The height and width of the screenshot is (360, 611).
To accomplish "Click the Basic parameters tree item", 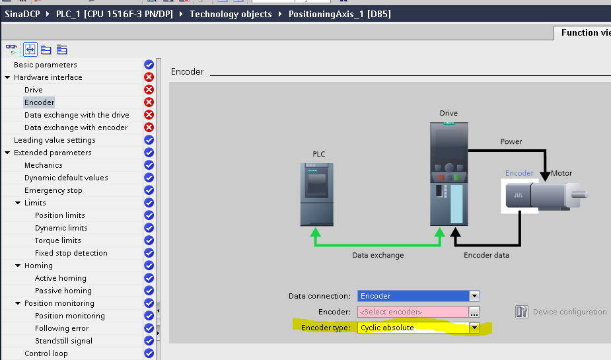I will [45, 65].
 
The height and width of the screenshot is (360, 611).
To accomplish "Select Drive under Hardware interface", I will [34, 90].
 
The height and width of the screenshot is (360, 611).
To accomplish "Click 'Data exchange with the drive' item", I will [77, 115].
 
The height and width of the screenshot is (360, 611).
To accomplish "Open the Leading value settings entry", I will [54, 140].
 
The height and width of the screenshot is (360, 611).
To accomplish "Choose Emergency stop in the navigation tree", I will [54, 190].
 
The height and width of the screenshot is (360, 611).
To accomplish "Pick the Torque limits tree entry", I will [58, 240].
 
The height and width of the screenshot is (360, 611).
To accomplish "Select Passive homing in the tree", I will [63, 291].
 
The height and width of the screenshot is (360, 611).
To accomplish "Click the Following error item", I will [62, 328].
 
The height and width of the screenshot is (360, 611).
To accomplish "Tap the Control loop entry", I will [46, 353].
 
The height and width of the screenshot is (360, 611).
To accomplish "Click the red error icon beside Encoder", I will [149, 102].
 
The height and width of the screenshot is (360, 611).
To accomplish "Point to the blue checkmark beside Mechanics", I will [149, 165].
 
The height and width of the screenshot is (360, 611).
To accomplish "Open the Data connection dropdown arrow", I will [474, 296].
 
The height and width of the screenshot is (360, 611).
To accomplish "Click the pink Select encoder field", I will [413, 312].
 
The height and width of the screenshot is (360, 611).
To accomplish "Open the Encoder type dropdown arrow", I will [474, 328].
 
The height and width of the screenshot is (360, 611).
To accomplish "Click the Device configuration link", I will [569, 312].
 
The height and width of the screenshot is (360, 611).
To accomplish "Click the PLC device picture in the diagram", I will [318, 195].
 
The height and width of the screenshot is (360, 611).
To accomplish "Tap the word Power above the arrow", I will [511, 141].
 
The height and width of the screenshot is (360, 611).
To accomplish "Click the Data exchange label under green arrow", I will [378, 255].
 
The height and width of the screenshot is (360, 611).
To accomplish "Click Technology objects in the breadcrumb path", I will [231, 14].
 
